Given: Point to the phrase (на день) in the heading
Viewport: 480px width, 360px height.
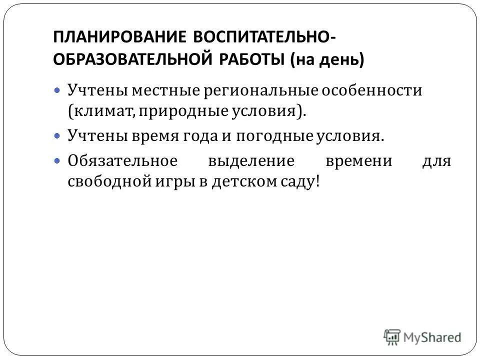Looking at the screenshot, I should pyautogui.click(x=327, y=59).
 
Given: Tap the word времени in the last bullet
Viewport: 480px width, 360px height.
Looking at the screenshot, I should pyautogui.click(x=358, y=162).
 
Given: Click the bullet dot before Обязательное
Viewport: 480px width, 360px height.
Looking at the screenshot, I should pyautogui.click(x=56, y=161).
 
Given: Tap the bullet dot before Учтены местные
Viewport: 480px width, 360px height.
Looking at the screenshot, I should pyautogui.click(x=56, y=91).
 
